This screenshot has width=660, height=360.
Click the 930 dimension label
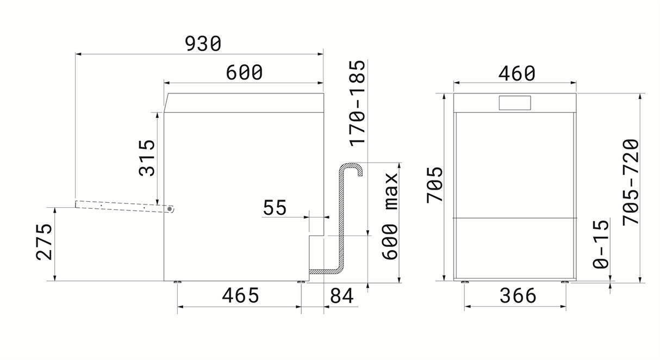(x=203, y=44)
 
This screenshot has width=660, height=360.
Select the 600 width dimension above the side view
(x=244, y=72)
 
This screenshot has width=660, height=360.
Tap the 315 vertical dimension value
(x=147, y=158)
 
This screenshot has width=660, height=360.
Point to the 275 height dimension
(x=44, y=243)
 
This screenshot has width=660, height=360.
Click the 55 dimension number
(x=275, y=208)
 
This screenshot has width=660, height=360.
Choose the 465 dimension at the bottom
(x=240, y=295)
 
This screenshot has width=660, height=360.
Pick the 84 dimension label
(x=342, y=296)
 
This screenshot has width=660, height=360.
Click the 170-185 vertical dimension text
(x=357, y=103)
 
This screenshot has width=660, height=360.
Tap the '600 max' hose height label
(x=390, y=216)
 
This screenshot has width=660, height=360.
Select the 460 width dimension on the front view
(x=517, y=74)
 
